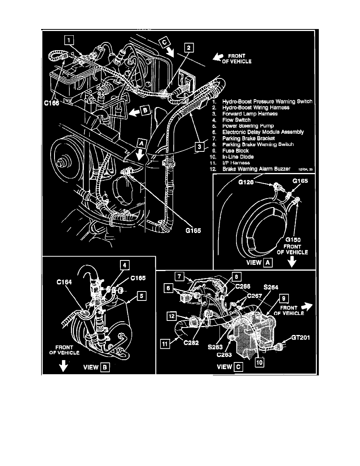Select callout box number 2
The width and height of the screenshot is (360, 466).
coord(189,47)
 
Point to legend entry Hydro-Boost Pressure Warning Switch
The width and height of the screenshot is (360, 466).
coord(267,101)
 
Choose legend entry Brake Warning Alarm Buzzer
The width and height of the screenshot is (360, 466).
coord(256,169)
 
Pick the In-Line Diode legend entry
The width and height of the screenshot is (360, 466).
coord(238,157)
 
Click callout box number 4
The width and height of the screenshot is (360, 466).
coord(124,266)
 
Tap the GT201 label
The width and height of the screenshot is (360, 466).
coord(300,337)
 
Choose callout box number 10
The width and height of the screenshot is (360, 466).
coord(258,362)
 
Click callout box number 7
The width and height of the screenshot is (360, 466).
coord(179,277)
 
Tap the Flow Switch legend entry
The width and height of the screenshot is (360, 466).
coord(236,120)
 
